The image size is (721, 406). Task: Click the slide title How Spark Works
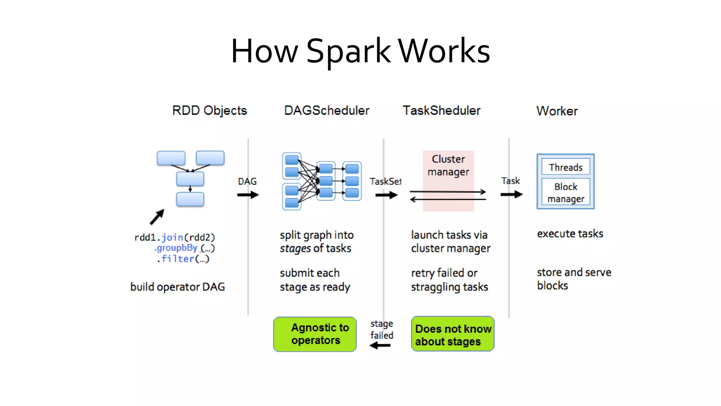[x=360, y=51]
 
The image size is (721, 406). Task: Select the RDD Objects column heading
[x=209, y=110]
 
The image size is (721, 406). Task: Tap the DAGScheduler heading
[x=326, y=110]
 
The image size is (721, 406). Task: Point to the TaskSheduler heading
[x=441, y=110]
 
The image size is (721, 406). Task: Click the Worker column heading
[x=557, y=111]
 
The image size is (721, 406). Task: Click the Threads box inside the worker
[x=566, y=167]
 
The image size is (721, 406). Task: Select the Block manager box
[x=566, y=192]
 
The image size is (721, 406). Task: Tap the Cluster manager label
[x=448, y=165]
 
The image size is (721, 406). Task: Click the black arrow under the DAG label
[x=248, y=195]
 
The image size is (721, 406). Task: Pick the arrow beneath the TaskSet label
[x=386, y=195]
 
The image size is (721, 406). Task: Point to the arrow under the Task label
[x=512, y=195]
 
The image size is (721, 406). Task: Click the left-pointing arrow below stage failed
[x=380, y=346]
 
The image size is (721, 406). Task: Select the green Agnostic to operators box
[x=315, y=334]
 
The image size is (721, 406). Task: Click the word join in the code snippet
[x=173, y=238]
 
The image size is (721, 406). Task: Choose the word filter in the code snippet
[x=178, y=259]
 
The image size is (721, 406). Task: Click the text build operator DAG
[x=177, y=287]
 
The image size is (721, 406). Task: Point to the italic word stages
[x=295, y=248]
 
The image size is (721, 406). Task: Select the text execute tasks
[x=570, y=234]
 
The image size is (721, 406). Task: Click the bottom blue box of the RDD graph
[x=190, y=199]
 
